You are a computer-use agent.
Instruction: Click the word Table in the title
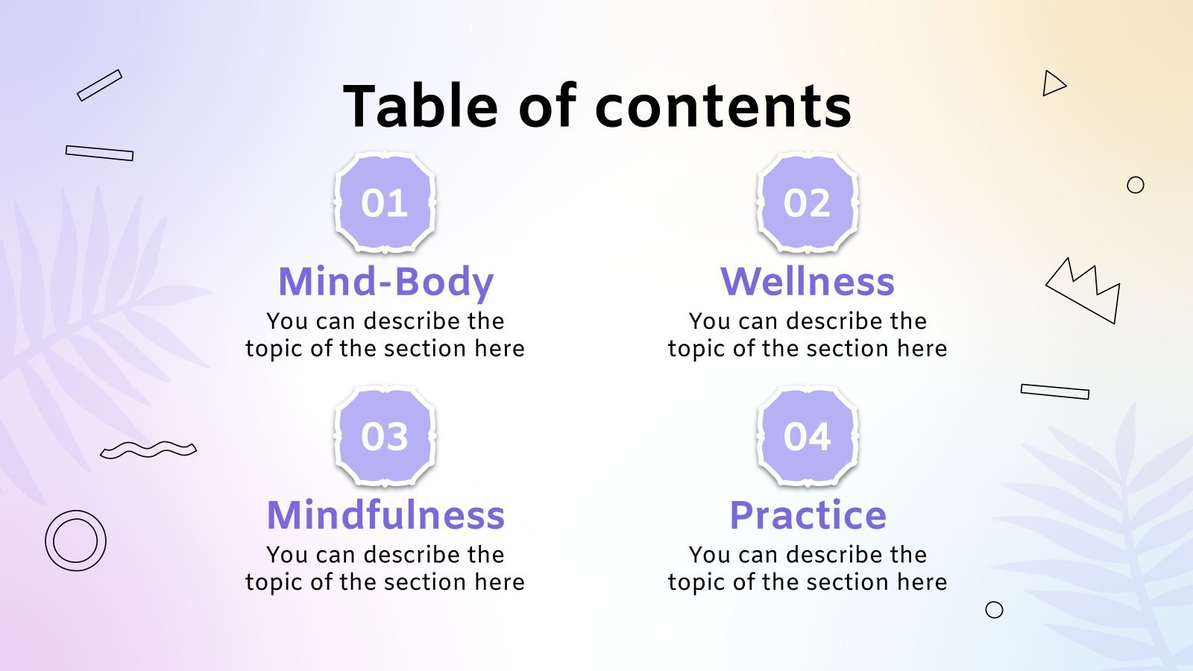(421, 106)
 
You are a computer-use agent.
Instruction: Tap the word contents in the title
(723, 106)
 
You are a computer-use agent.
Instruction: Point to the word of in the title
(547, 106)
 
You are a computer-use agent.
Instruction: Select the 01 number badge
(385, 203)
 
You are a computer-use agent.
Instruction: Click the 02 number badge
(807, 203)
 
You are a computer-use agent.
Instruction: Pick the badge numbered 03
(385, 436)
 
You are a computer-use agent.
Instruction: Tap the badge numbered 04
(807, 436)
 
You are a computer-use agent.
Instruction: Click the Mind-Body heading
(385, 282)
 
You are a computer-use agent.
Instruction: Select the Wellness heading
(808, 282)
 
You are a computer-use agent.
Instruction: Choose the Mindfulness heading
(385, 515)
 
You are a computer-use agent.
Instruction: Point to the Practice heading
(808, 515)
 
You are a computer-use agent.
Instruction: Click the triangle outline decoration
(1053, 84)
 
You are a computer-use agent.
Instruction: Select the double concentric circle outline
(75, 541)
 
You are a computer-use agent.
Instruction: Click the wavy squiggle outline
(148, 449)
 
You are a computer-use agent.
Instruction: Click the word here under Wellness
(922, 349)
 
